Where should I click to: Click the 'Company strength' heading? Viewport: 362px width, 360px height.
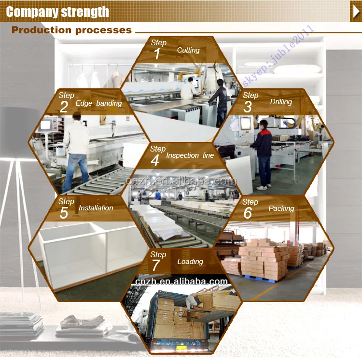point(57,12)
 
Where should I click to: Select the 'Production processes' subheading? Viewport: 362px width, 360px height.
point(71,30)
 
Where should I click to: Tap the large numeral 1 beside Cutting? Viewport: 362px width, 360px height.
point(157,54)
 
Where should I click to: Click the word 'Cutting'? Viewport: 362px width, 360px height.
point(188,50)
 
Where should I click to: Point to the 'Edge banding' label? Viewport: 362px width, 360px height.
point(98,103)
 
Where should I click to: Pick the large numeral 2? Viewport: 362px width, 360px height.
point(64,107)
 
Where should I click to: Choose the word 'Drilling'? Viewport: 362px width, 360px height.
point(281,102)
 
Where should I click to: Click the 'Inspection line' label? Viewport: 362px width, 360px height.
point(190,155)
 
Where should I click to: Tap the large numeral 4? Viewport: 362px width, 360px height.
point(155,160)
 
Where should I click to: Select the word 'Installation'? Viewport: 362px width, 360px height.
point(96,208)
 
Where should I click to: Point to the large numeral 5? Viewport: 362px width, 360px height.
point(64,213)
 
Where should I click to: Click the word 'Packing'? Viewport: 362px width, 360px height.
point(281,208)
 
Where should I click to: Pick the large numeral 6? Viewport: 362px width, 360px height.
point(248,213)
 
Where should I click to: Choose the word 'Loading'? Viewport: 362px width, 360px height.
point(190,262)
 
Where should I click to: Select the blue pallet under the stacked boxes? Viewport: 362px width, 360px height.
point(261,279)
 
